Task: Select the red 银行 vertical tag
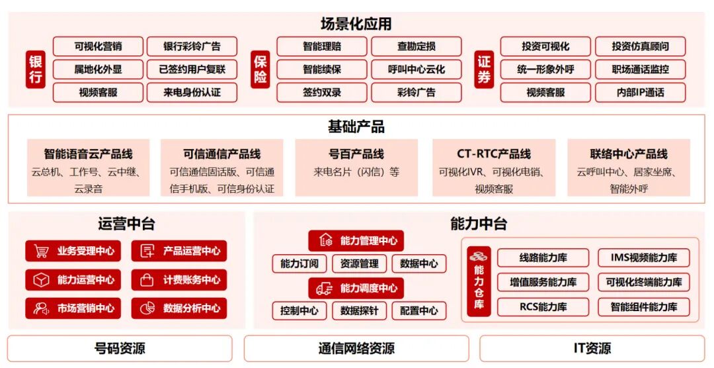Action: pos(36,69)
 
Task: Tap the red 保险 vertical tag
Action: pos(260,69)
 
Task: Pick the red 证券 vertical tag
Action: pos(485,69)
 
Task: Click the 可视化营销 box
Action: pos(98,46)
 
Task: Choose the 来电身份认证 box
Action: pos(192,92)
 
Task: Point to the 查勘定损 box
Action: pos(416,46)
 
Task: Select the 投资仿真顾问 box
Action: pos(640,46)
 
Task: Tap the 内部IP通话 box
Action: pos(640,92)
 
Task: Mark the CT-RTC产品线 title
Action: pos(493,154)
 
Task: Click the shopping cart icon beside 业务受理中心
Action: pos(42,252)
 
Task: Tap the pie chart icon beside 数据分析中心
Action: pos(148,308)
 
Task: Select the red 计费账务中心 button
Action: pos(179,280)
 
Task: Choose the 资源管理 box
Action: pos(359,263)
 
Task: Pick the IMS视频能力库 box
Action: pos(643,257)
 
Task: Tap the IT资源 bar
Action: pos(592,348)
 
